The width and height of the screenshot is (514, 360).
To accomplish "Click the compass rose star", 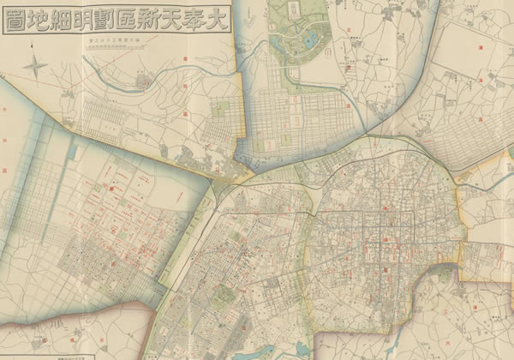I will [x=36, y=65].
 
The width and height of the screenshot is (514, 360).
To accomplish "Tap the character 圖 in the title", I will [x=18, y=23].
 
